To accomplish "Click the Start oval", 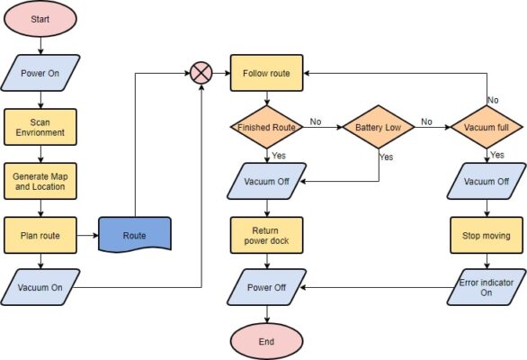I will (x=40, y=20).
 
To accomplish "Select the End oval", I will (x=266, y=341).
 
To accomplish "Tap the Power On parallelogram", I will (x=40, y=73).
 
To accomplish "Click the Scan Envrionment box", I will (x=40, y=128).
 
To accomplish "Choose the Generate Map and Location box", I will (x=40, y=180).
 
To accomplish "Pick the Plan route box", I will (x=40, y=235).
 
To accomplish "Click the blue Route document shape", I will (x=134, y=235).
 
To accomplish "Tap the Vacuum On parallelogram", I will (x=40, y=288).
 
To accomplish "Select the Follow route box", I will (x=266, y=73).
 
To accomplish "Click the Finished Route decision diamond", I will (x=266, y=128).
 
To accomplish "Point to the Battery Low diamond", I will (x=379, y=128).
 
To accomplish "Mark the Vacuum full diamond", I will (x=487, y=128).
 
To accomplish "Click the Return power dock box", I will (x=266, y=235).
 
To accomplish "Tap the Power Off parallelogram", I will (x=266, y=288).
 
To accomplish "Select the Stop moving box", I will (x=487, y=235).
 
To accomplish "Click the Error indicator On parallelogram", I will (x=487, y=288).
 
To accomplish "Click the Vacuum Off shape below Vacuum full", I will (x=487, y=180).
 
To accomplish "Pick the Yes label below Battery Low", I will (x=386, y=157).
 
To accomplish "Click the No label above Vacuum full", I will (x=493, y=100).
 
